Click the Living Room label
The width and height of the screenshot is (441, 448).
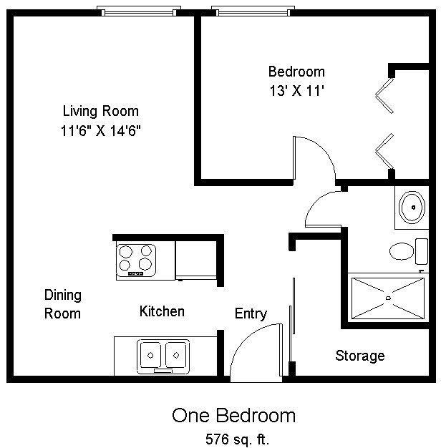[100, 112]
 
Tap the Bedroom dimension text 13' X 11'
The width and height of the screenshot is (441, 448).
[296, 91]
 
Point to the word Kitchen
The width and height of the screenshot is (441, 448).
[162, 311]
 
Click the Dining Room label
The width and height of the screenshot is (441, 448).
[63, 304]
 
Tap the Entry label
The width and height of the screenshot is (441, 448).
[251, 313]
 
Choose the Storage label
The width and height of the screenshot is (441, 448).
[360, 356]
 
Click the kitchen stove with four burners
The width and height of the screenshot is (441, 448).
[136, 260]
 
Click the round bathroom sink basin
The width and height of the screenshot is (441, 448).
[412, 207]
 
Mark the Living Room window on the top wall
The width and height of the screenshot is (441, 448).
[137, 11]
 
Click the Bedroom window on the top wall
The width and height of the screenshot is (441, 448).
[251, 11]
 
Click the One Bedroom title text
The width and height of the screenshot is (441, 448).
[233, 416]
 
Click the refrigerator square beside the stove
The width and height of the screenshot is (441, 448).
[195, 259]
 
